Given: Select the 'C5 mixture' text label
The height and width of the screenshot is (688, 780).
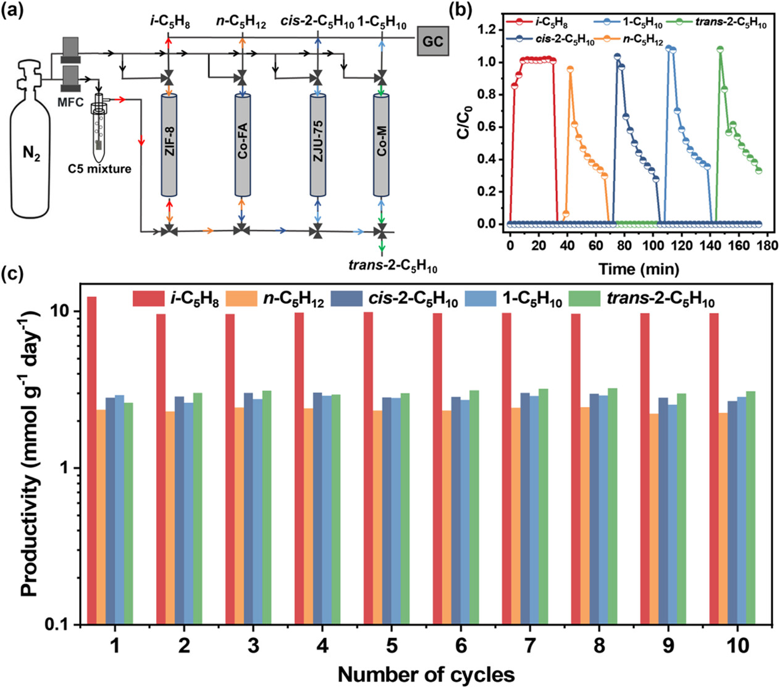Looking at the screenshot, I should point(101,168).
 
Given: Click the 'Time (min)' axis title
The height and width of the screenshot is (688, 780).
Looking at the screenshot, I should point(638,269).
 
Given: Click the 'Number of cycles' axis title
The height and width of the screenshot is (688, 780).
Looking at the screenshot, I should point(426,674).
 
